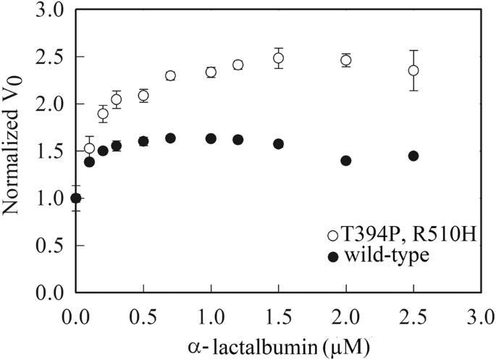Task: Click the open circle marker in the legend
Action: pos(332,235)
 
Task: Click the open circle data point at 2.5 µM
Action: pos(413,70)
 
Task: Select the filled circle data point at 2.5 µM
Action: pos(413,156)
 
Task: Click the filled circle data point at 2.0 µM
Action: pos(345,161)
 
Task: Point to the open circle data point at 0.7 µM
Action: pos(170,75)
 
